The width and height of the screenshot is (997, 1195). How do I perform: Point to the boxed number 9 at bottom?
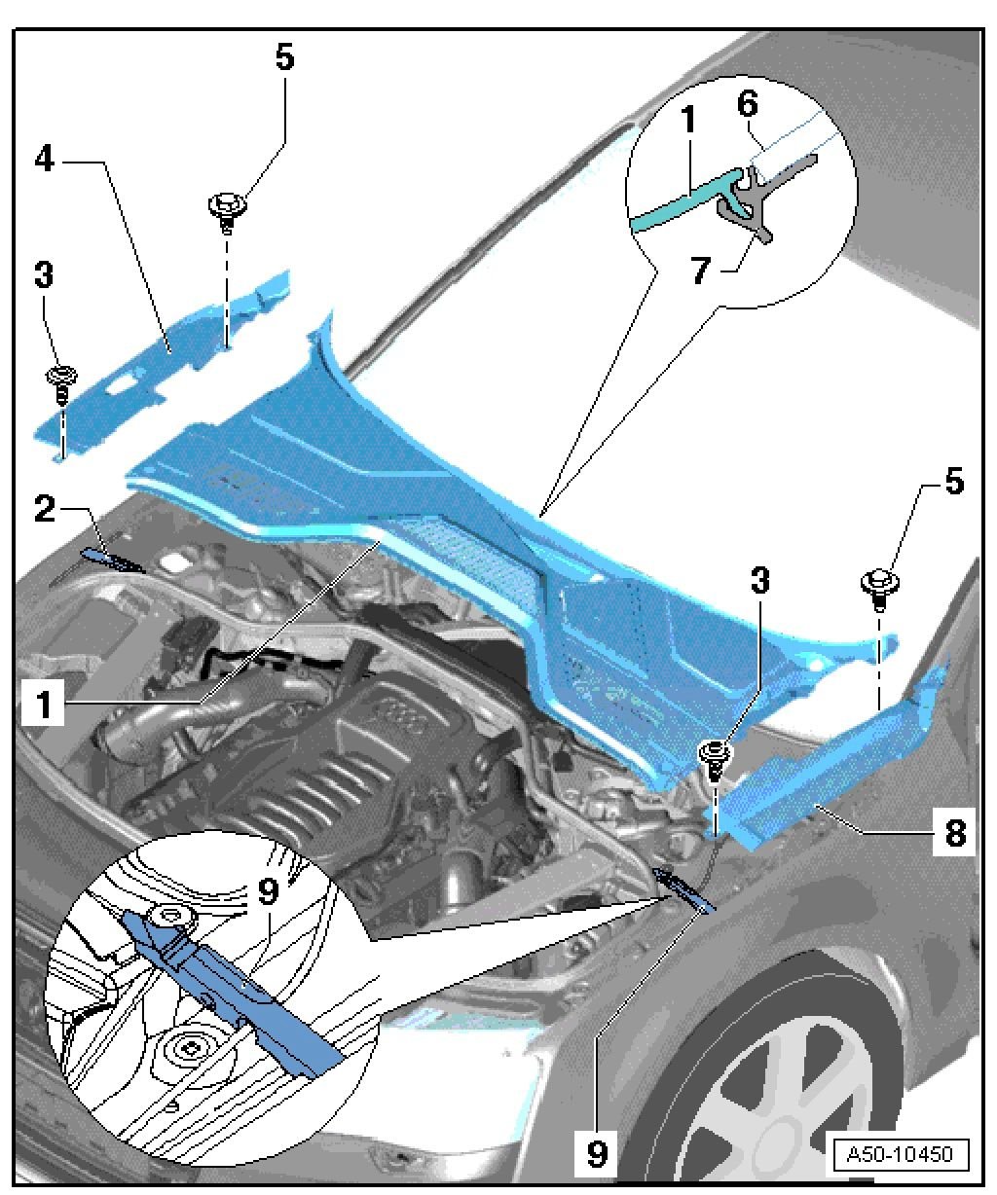[x=596, y=1154]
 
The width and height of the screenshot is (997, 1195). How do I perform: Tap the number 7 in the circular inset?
[x=702, y=272]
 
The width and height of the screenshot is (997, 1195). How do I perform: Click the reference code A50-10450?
[x=900, y=1155]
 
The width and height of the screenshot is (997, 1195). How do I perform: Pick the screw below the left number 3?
[x=62, y=381]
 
